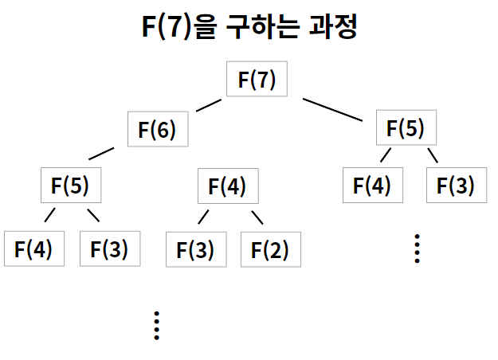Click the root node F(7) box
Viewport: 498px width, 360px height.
257,80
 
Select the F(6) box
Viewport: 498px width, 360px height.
157,129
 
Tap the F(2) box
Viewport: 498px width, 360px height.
270,249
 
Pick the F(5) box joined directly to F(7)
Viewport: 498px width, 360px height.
406,127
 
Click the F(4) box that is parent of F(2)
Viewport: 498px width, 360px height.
227,187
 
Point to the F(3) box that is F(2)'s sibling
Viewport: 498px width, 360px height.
195,249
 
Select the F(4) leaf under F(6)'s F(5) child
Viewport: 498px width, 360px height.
33,248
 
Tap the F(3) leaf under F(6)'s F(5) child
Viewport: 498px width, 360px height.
109,248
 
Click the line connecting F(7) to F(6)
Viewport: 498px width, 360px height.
208,105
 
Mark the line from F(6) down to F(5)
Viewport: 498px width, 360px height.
101,153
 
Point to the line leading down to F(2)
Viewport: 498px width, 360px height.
257,217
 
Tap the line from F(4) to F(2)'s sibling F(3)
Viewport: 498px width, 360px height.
202,216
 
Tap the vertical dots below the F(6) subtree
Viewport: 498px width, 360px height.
157,324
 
